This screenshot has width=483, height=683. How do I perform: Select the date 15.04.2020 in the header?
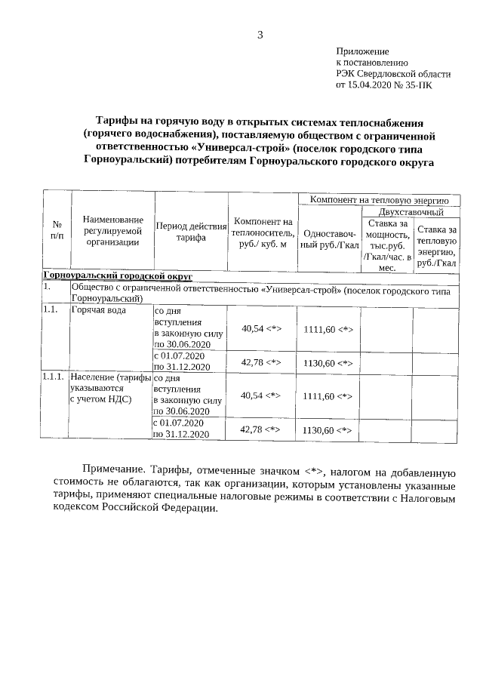coord(370,85)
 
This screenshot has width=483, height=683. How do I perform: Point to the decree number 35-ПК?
coord(420,85)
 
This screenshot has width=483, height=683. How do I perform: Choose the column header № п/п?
coord(57,230)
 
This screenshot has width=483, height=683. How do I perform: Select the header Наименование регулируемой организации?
coord(112,230)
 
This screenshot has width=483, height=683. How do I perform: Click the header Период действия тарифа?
coord(191,231)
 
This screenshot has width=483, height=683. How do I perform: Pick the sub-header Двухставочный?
coord(411,213)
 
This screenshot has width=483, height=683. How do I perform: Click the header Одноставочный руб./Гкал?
coord(328,239)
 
